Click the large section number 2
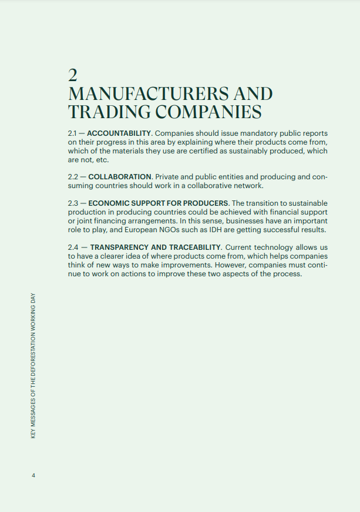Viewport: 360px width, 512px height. [73, 75]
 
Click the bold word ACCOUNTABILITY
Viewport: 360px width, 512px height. [119, 133]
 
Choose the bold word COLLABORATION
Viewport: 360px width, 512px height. [119, 177]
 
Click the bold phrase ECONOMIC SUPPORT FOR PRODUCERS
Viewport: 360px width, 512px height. [158, 203]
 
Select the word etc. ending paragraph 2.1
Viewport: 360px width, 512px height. [102, 160]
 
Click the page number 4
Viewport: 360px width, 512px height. [33, 475]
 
